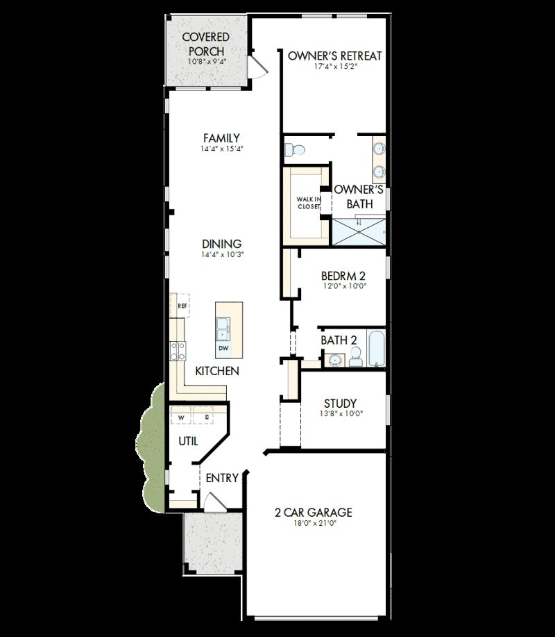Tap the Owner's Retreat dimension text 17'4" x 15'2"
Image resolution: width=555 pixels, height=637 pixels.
[x=334, y=67]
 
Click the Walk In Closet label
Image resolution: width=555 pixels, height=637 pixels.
[x=309, y=203]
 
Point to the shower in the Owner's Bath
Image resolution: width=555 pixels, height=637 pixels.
[x=359, y=231]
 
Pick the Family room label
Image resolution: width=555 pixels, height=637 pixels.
[x=221, y=138]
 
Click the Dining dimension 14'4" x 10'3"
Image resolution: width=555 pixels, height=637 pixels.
[x=221, y=255]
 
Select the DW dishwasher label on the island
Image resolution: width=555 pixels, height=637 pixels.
[x=223, y=348]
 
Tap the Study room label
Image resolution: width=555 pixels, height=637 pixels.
[x=340, y=403]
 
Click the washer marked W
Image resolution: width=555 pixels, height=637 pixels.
[x=182, y=417]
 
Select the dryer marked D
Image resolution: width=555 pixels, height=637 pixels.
[x=206, y=417]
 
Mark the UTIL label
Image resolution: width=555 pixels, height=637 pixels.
[x=188, y=440]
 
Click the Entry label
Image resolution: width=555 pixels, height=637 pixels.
[x=222, y=478]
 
